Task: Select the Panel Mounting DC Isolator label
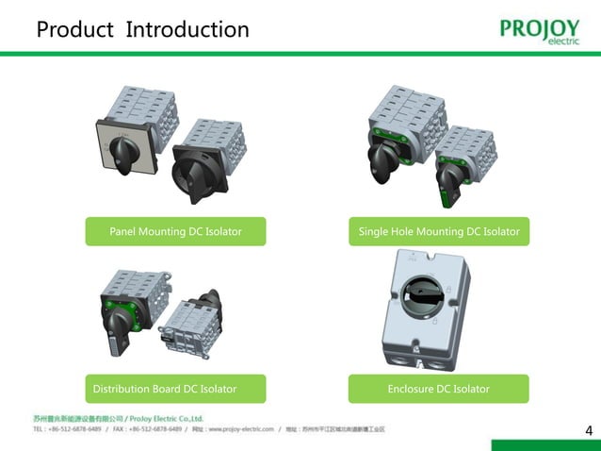tap(175, 231)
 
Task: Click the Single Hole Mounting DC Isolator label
tap(438, 231)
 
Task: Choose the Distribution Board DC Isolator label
tap(165, 389)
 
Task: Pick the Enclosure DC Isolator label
tap(438, 389)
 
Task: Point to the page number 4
tap(589, 431)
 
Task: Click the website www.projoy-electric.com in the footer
tap(239, 429)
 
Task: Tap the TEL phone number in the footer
tap(66, 429)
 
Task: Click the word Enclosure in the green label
tap(415, 389)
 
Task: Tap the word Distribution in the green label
tap(123, 389)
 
